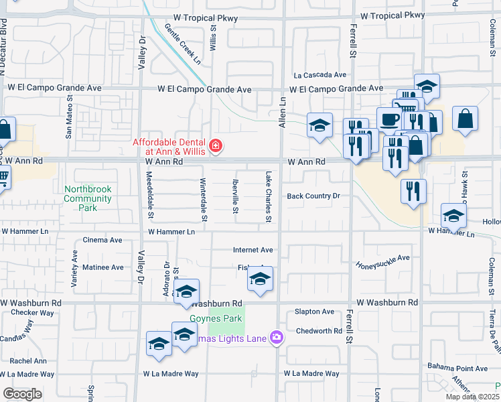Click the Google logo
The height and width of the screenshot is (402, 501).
22,394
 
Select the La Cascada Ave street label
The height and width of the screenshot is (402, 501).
319,75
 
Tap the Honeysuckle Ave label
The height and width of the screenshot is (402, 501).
382,261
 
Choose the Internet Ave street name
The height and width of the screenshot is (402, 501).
253,250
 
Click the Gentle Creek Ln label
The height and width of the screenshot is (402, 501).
183,46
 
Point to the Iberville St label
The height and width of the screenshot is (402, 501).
235,198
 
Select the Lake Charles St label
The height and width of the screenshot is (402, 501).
268,197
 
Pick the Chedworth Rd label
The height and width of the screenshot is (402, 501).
319,331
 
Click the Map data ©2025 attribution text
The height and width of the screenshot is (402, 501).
471,397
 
